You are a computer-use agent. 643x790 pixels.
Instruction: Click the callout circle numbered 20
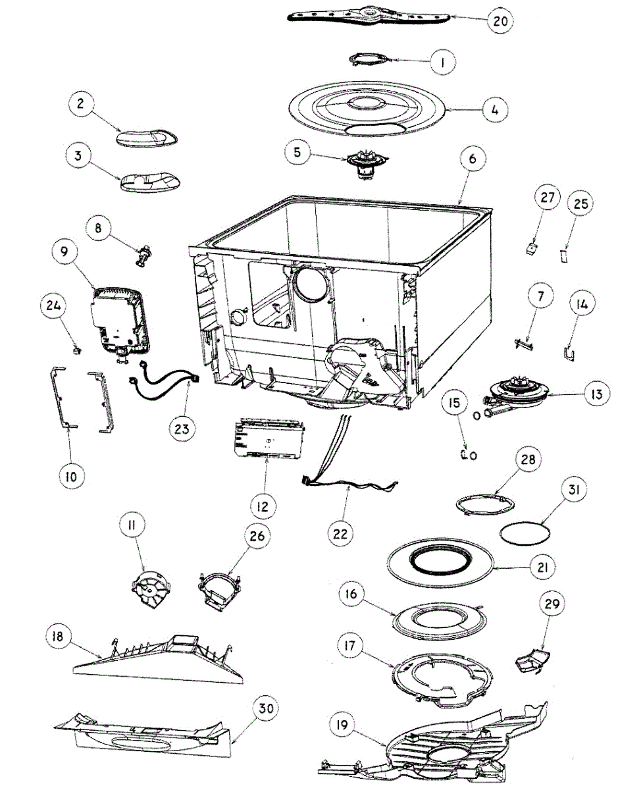(x=500, y=20)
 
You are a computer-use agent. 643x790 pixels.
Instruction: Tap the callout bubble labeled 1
(x=443, y=63)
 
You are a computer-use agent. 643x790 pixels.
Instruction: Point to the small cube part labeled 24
(x=76, y=350)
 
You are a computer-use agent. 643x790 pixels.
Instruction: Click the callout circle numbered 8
(x=98, y=228)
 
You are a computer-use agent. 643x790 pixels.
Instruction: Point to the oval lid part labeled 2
(x=147, y=138)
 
